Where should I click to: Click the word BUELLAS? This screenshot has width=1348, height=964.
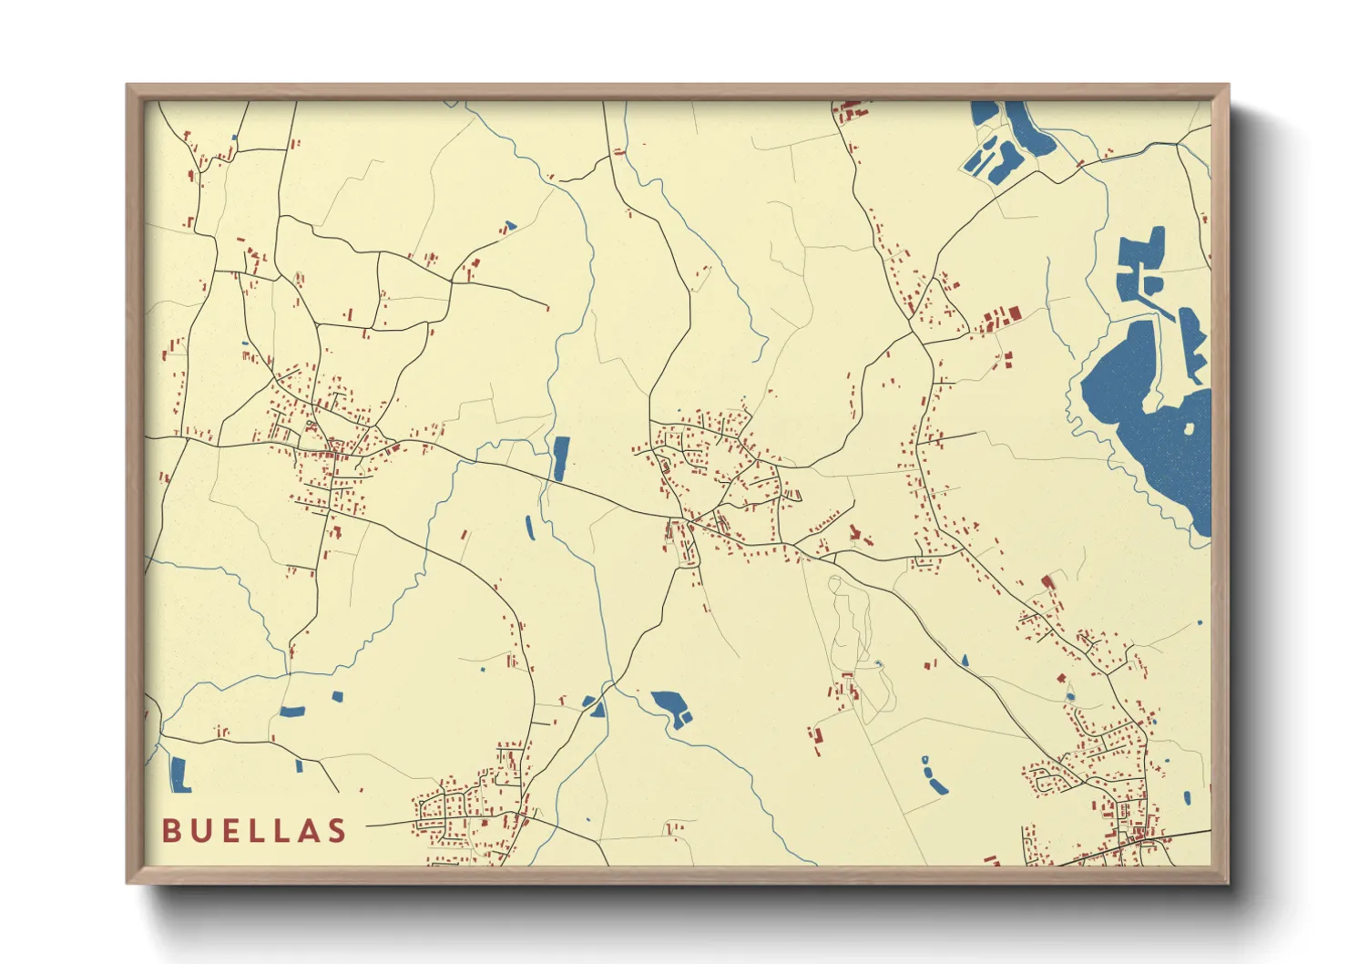(254, 830)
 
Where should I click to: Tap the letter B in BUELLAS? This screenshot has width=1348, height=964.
(170, 830)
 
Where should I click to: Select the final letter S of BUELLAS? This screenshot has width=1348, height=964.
(338, 830)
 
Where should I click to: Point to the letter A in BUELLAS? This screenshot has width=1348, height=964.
(309, 830)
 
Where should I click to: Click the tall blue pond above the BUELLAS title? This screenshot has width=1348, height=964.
(179, 774)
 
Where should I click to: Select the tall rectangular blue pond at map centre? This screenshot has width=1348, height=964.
(560, 457)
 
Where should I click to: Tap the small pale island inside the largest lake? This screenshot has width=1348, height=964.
(1190, 428)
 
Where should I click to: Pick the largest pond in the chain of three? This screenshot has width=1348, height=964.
(935, 781)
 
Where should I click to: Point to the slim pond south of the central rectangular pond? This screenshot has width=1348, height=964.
(529, 526)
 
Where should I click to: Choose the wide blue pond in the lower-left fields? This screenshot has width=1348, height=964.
(292, 711)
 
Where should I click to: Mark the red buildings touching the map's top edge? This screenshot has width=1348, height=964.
(851, 109)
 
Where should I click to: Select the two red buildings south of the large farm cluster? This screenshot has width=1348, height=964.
(1007, 359)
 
